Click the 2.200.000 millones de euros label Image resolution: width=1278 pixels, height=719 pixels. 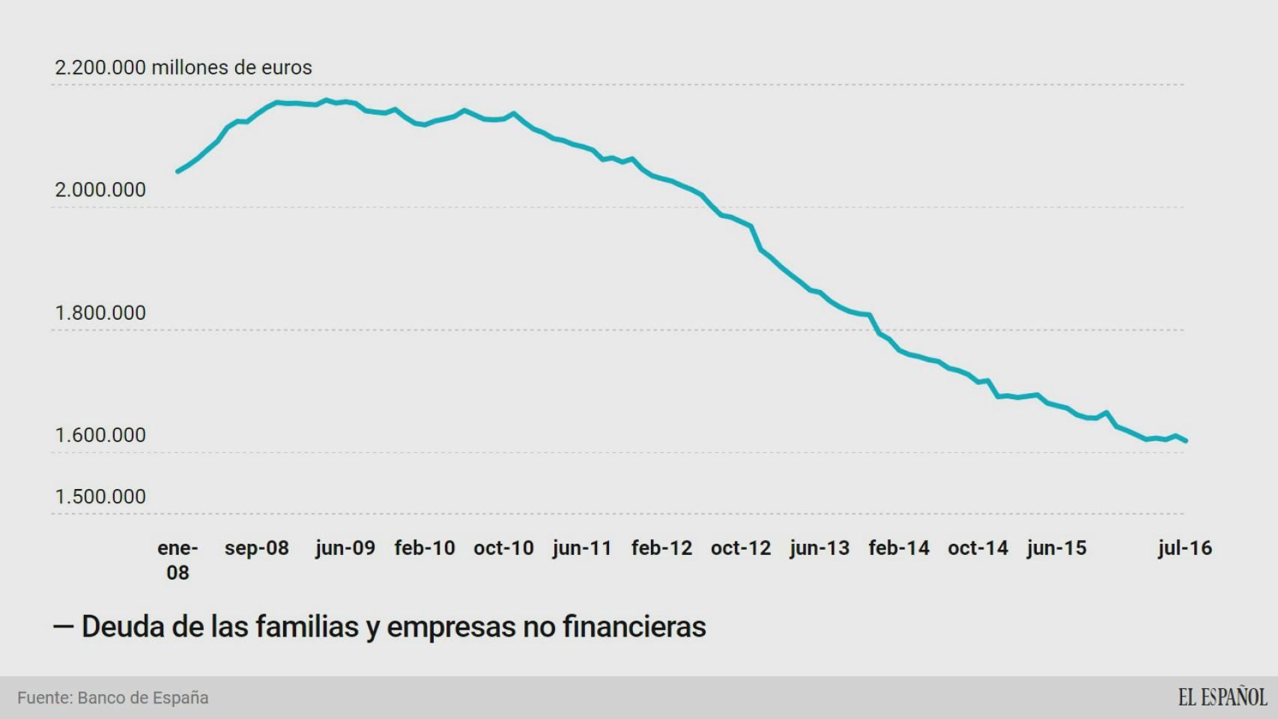point(183,67)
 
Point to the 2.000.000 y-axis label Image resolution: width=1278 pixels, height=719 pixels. point(100,190)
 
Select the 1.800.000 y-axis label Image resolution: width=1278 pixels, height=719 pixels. point(100,313)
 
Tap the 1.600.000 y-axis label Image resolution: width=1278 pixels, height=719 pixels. point(100,435)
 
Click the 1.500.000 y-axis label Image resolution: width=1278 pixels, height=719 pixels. point(100,497)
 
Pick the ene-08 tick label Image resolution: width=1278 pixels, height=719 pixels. point(178,560)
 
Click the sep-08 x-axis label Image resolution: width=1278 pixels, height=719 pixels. point(256,548)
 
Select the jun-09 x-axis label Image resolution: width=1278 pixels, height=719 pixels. point(345,548)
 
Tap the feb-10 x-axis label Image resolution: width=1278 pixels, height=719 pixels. point(425,548)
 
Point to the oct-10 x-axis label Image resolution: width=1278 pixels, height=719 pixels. point(503,548)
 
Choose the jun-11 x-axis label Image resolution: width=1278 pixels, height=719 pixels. point(582,548)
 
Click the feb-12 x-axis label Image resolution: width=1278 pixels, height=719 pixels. point(661,548)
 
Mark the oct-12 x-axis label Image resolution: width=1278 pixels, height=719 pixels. point(740,548)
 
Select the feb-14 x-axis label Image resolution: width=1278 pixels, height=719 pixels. point(898,548)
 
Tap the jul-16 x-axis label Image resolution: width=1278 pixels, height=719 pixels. point(1184,548)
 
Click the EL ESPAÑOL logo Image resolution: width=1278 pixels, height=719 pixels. point(1222,697)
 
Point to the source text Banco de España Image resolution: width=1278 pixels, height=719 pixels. point(143,698)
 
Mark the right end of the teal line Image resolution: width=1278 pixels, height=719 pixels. point(1186,440)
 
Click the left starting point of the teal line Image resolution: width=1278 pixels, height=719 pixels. point(178,172)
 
